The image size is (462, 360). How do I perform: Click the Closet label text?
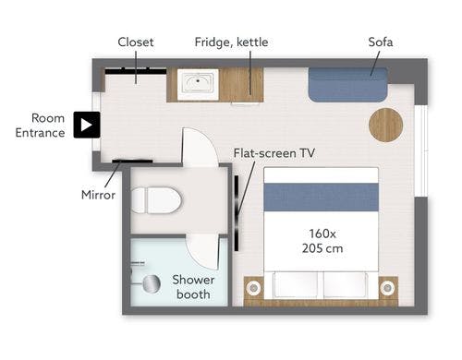click(136, 42)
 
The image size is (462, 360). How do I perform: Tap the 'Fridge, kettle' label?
click(231, 42)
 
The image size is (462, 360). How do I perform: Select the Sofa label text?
click(381, 42)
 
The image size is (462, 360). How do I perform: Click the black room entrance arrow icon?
click(87, 125)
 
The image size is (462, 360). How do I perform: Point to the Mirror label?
click(98, 195)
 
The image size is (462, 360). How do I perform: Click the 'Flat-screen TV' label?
click(274, 153)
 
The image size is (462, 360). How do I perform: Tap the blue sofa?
click(348, 85)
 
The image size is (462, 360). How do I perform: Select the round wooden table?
click(386, 125)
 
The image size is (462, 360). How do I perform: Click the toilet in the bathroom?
click(156, 200)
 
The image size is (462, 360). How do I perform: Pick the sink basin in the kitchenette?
click(198, 83)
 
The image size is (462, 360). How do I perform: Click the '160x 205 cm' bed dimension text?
click(322, 241)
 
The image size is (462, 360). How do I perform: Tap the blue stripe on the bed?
click(322, 197)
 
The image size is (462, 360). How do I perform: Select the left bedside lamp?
click(253, 288)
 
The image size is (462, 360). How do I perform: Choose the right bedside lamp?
click(387, 288)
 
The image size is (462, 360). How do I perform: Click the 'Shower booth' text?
click(193, 287)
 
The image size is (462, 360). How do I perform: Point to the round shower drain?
click(151, 283)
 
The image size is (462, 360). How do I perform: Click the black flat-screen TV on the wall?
click(237, 213)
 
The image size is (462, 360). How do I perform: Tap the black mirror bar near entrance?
click(132, 161)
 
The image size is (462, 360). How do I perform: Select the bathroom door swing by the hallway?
click(201, 147)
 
